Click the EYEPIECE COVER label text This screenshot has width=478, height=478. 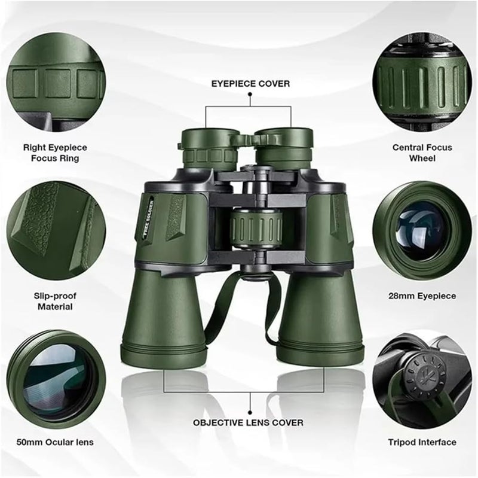(x=249, y=84)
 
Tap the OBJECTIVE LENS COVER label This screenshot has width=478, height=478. (x=248, y=422)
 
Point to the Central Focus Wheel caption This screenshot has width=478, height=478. (x=422, y=153)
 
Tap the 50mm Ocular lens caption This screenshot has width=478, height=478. (x=55, y=443)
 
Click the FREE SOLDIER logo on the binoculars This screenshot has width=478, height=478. (x=152, y=219)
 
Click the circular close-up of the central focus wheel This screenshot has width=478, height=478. (x=421, y=81)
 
